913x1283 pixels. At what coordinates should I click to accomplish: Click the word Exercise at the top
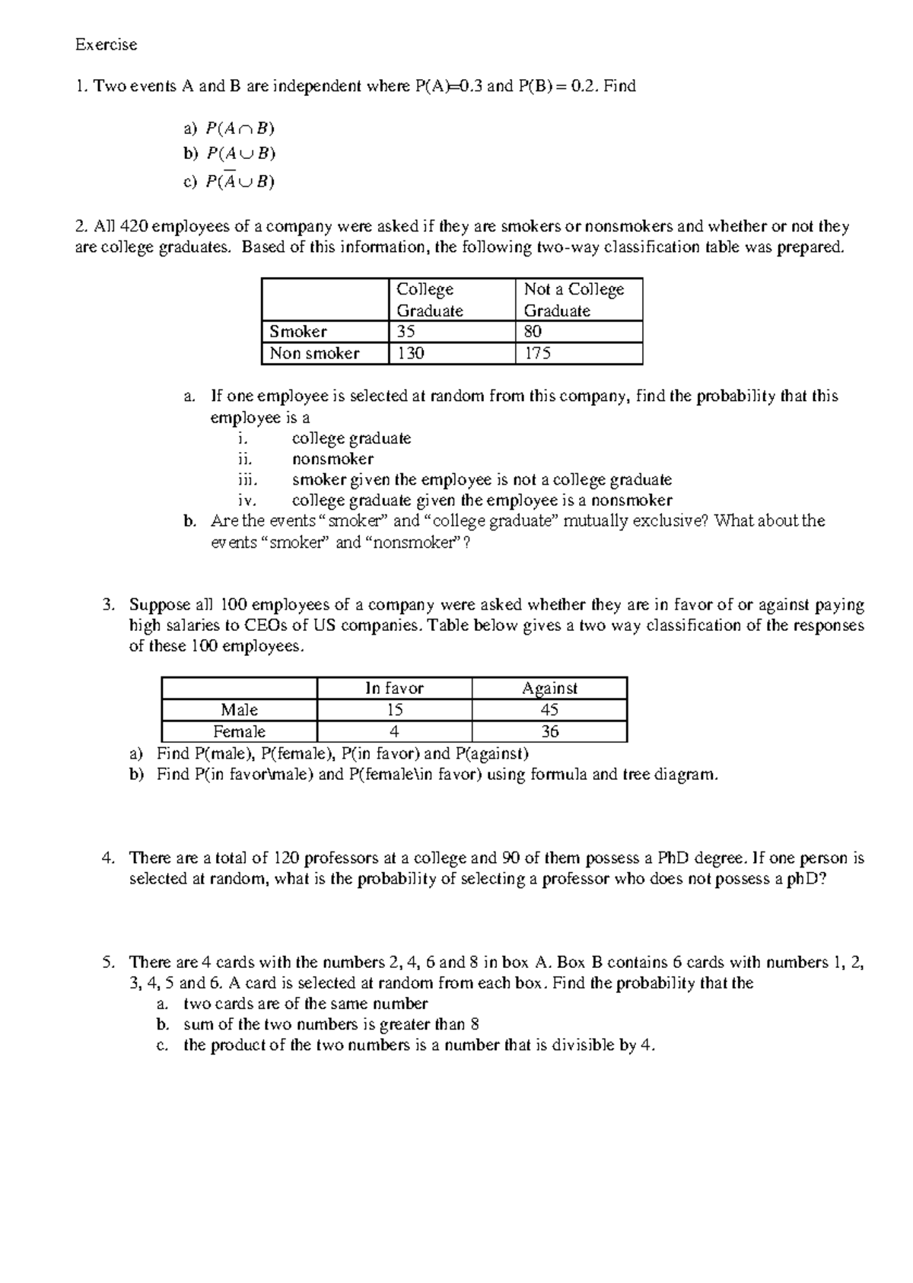click(106, 45)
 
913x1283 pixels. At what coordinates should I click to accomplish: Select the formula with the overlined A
click(240, 181)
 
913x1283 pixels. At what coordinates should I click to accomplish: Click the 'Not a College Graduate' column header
click(574, 299)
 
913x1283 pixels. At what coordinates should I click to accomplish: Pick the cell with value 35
click(406, 332)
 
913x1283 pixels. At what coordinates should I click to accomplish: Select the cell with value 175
click(537, 353)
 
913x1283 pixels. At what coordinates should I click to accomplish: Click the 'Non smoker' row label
click(314, 353)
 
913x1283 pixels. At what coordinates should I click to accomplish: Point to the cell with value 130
click(411, 353)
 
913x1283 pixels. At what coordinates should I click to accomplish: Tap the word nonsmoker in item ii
click(332, 459)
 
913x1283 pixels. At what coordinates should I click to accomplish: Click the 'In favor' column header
click(394, 688)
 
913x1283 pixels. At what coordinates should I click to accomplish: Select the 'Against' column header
click(549, 688)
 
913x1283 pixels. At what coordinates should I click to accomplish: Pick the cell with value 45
click(549, 710)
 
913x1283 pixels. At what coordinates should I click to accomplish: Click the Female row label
click(239, 731)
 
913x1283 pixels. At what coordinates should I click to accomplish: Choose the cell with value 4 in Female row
click(394, 731)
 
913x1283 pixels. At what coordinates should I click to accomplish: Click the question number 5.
click(107, 962)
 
